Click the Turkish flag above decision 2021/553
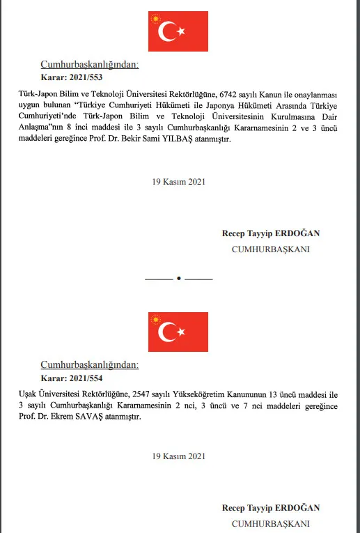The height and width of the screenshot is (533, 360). coord(178,31)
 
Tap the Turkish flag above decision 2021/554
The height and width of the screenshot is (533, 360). coord(178,332)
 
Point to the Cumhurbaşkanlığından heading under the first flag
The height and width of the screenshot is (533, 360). coord(89,64)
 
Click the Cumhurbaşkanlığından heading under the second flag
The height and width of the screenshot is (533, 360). coord(89,365)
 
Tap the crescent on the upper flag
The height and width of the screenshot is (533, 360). coord(168,31)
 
